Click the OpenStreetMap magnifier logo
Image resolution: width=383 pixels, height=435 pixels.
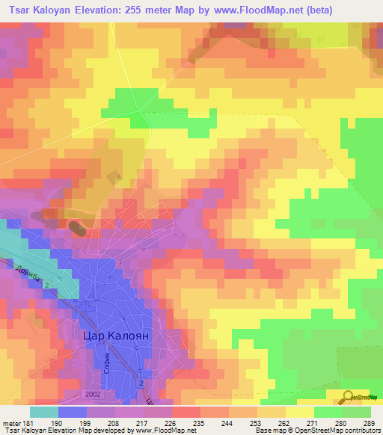348,396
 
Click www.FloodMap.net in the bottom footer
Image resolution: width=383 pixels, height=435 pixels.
159,431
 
